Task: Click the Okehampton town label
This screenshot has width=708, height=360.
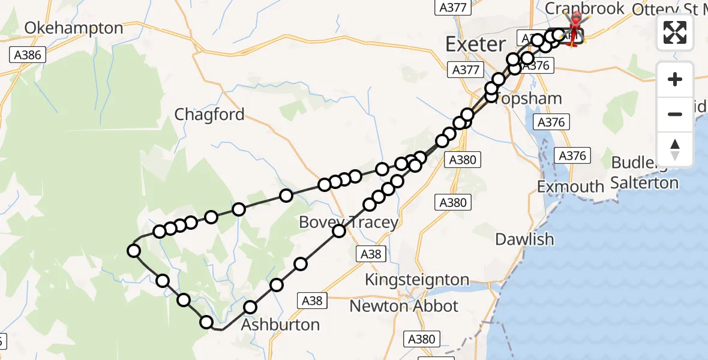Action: (x=74, y=28)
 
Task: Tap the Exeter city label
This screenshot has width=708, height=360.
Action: (x=476, y=44)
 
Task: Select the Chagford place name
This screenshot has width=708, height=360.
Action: (x=209, y=114)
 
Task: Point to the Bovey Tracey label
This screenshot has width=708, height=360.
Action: (x=349, y=223)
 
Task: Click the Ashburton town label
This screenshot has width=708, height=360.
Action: (x=280, y=325)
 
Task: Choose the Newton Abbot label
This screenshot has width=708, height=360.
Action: (x=404, y=306)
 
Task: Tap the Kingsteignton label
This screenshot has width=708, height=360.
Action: (x=417, y=280)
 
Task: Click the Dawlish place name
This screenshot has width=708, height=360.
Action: (x=524, y=239)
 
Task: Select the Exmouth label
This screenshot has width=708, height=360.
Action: (x=571, y=187)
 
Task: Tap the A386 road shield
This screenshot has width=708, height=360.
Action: (x=28, y=55)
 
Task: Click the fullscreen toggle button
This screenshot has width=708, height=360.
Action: (x=675, y=32)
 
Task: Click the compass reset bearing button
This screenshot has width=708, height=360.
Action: (x=675, y=149)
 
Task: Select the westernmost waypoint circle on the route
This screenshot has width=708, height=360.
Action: (x=134, y=251)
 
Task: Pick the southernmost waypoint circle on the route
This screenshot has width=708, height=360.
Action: (x=206, y=322)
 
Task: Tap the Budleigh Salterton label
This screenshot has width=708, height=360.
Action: (x=644, y=173)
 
